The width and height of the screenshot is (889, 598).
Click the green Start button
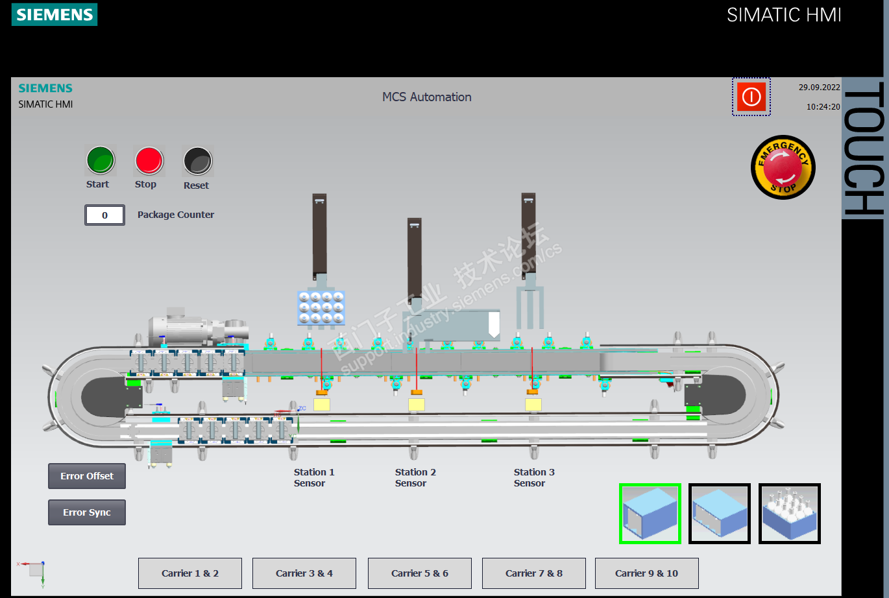[x=101, y=160]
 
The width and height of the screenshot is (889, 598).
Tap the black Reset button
[x=197, y=161]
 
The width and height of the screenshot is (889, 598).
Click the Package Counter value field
[x=104, y=215]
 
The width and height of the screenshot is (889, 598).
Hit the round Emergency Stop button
[x=783, y=167]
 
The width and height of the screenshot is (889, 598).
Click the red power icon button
[x=751, y=97]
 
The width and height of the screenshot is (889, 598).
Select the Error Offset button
[x=87, y=476]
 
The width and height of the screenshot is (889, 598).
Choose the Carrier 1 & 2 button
[x=190, y=573]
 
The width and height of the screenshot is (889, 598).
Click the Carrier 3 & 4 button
[x=304, y=573]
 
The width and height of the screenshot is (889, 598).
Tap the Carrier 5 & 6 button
[x=420, y=573]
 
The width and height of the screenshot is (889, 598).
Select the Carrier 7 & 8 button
[x=534, y=573]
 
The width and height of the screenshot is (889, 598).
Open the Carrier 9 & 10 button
[x=647, y=573]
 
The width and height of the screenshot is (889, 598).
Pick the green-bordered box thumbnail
[x=650, y=514]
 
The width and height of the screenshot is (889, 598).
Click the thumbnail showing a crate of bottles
[x=790, y=514]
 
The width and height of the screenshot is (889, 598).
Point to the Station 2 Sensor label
[x=415, y=477]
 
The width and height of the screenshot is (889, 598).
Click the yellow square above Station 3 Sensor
[x=533, y=405]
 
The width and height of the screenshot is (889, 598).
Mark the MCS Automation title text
[x=427, y=97]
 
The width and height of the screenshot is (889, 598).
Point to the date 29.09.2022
[x=819, y=88]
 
